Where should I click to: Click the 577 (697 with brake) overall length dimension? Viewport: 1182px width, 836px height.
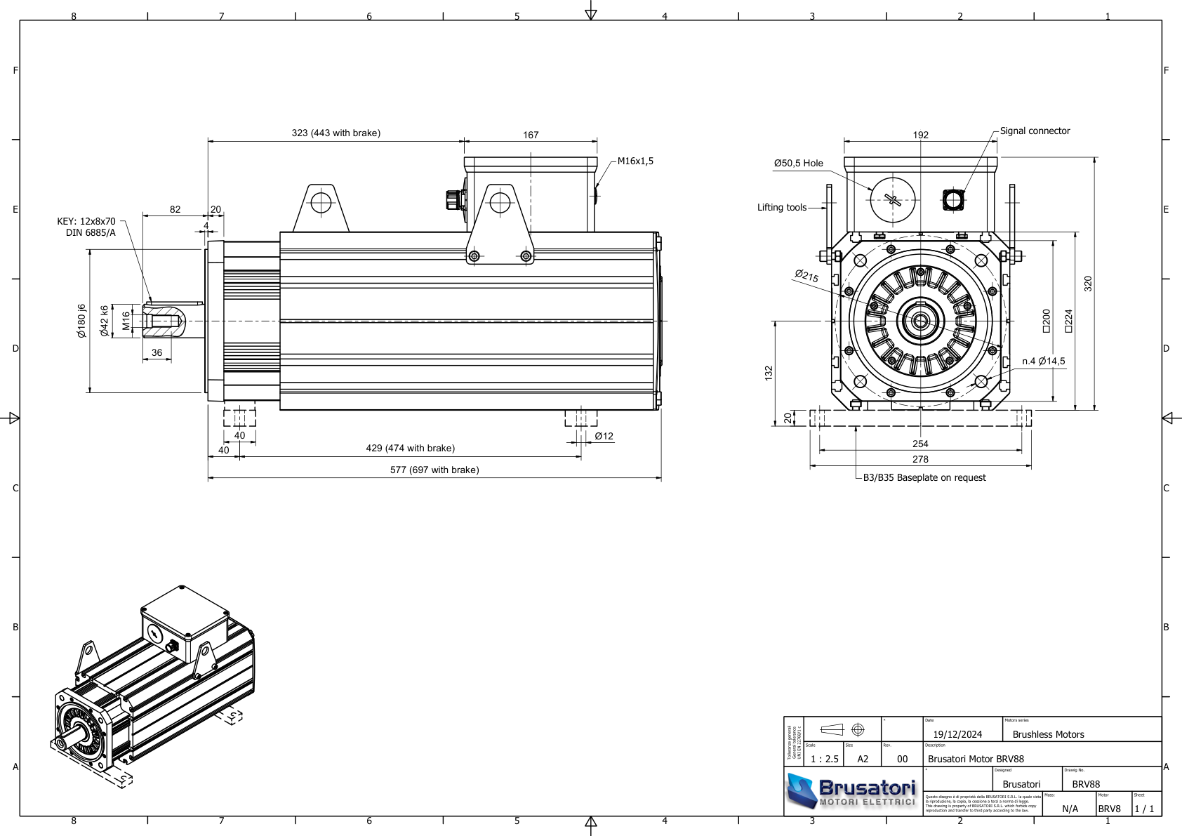[434, 470]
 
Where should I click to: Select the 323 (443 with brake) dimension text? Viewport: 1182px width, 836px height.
[336, 133]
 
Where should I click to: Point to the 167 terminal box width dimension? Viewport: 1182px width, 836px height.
[531, 135]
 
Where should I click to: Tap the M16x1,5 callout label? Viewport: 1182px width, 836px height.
[635, 161]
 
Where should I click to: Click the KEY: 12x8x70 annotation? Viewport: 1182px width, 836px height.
[86, 221]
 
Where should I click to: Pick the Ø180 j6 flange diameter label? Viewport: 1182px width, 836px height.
[81, 321]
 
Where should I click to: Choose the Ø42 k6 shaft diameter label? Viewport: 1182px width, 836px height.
[104, 321]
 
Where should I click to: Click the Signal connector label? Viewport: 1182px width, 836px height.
[1035, 131]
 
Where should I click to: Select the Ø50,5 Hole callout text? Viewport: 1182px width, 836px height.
[798, 163]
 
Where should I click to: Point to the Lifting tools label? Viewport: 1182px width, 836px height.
[781, 207]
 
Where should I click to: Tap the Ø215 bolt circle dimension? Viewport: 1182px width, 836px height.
[806, 276]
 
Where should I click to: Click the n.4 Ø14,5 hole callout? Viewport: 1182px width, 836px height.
[1043, 361]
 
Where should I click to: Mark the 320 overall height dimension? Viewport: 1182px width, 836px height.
[1088, 284]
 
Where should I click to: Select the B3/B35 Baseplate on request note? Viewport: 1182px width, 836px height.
[924, 477]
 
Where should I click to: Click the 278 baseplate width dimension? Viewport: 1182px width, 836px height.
[919, 459]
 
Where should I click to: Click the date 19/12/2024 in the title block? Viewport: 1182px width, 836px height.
[957, 734]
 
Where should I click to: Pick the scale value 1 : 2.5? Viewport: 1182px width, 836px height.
[824, 759]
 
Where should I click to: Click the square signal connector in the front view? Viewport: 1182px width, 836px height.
[952, 200]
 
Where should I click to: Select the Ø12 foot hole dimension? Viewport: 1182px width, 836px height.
[604, 436]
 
